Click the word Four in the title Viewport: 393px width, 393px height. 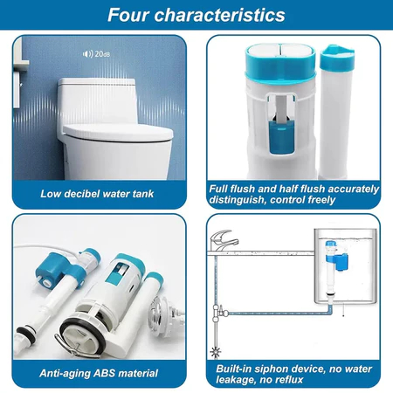click(128, 15)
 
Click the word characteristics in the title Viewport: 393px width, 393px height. click(220, 15)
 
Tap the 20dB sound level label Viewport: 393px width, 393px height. click(102, 54)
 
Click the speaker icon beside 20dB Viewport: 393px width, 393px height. click(87, 54)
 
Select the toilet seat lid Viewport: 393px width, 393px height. click(118, 133)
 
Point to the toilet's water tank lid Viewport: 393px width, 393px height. click(97, 82)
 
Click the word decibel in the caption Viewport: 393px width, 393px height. click(82, 194)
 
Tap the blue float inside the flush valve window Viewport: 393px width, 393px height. click(279, 137)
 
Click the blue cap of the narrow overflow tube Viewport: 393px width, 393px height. click(337, 59)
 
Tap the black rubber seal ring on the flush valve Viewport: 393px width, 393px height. click(82, 334)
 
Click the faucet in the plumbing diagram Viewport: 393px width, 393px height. click(224, 240)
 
